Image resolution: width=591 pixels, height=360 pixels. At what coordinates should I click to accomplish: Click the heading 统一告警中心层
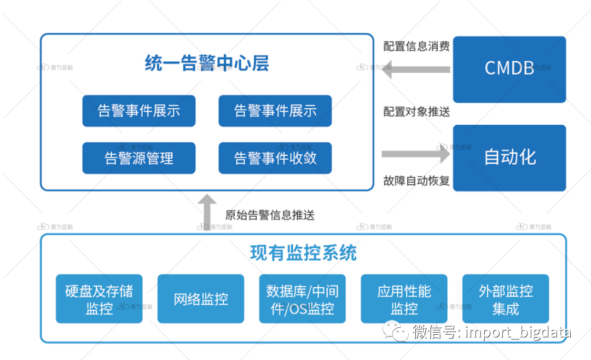point(207,63)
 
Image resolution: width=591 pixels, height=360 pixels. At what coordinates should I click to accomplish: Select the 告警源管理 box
point(139,158)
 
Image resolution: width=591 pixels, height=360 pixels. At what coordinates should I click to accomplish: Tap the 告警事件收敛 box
point(275,158)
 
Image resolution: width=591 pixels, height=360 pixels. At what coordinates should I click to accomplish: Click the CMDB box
point(509,69)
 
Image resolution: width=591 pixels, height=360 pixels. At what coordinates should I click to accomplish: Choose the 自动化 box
point(509,158)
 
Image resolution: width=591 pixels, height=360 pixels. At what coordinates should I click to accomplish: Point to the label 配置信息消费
point(416,47)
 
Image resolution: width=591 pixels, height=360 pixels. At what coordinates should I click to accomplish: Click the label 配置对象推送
point(416,112)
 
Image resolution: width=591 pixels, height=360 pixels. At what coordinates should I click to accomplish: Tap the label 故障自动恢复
point(416,181)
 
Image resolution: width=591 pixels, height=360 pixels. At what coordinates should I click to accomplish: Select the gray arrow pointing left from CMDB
point(416,69)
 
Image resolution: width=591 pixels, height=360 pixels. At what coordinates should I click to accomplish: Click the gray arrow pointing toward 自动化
point(416,154)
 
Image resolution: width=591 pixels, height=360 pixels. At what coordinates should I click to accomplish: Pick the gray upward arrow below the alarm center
point(207,211)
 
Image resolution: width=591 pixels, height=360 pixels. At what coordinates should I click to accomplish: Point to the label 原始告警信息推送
point(270,214)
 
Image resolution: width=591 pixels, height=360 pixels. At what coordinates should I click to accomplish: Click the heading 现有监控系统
point(303,253)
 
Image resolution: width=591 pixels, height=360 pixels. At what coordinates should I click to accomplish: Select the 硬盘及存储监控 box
point(99,299)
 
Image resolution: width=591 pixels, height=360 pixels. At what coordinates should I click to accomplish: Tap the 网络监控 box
point(201,299)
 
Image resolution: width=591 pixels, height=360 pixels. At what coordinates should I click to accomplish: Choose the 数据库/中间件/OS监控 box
point(302,299)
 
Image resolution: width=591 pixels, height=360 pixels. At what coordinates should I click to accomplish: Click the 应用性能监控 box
point(404,299)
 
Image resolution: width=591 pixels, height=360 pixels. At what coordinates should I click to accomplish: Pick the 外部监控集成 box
point(506,299)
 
